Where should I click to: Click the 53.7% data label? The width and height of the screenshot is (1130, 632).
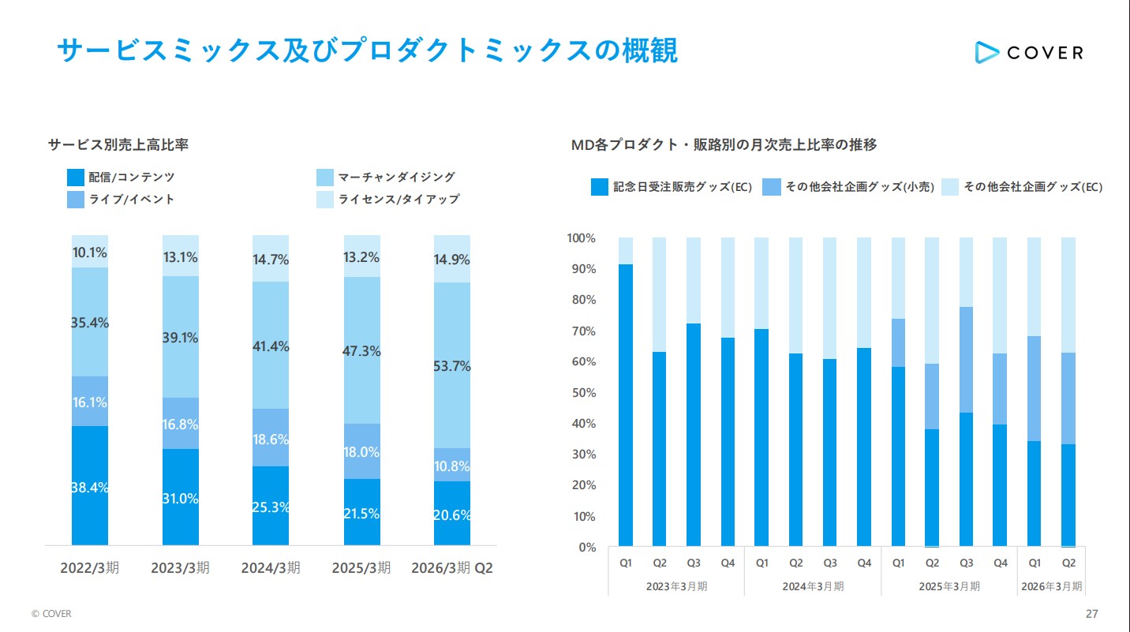[x=452, y=366]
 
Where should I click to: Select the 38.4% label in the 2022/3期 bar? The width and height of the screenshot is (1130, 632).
[x=89, y=488]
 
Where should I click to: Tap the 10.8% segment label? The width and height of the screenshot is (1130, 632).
[x=452, y=466]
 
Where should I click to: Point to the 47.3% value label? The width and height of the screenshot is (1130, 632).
[x=362, y=351]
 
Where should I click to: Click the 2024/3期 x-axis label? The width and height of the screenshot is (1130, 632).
[x=271, y=568]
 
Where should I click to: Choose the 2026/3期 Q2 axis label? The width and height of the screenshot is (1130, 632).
[x=451, y=568]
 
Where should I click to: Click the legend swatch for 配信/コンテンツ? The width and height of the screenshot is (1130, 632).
[x=76, y=178]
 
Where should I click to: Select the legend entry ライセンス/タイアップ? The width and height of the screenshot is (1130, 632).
[x=398, y=200]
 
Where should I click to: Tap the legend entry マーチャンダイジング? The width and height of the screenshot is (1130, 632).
[x=396, y=178]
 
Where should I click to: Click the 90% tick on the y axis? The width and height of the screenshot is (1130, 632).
[x=582, y=269]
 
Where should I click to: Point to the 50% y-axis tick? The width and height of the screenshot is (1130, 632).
[x=582, y=393]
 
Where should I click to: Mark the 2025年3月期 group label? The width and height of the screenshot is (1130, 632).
[x=949, y=586]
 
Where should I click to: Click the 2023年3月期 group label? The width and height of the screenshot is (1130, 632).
[x=676, y=586]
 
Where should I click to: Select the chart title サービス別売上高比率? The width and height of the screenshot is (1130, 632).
[x=118, y=145]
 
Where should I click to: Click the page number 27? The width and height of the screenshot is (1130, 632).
[x=1092, y=614]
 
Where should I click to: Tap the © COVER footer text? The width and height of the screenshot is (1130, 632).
[x=51, y=614]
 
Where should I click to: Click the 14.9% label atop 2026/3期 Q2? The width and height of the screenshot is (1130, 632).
[x=452, y=260]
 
